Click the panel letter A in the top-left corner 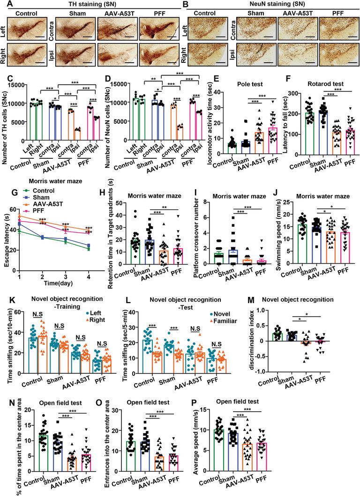[x=4, y=4]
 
